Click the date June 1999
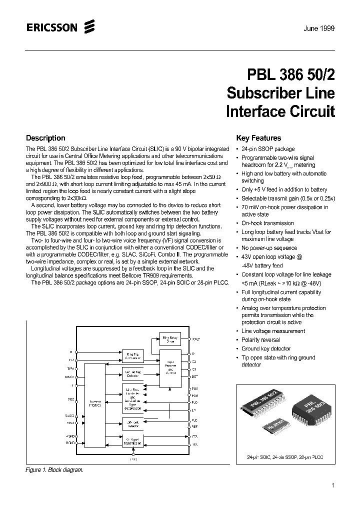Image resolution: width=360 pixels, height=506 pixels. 318,28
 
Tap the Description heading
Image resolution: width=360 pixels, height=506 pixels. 45,138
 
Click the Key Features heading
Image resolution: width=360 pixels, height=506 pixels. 258,138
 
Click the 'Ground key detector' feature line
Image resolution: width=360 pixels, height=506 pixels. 265,348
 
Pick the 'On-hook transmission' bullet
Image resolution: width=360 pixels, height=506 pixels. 267,223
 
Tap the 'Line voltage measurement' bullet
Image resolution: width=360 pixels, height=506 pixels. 272,331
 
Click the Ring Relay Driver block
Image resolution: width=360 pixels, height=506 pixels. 171,340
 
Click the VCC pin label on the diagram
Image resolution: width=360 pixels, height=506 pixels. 70,399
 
